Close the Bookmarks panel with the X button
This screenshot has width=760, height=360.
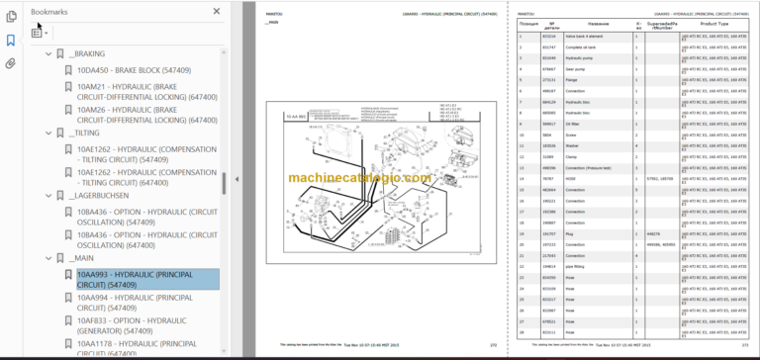pyautogui.click(x=218, y=11)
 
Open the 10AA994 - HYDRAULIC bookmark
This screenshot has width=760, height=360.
pyautogui.click(x=135, y=303)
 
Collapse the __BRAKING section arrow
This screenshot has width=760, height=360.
pyautogui.click(x=48, y=53)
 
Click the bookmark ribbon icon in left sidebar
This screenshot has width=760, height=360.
pyautogui.click(x=11, y=41)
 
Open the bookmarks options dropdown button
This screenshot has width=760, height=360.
pyautogui.click(x=41, y=32)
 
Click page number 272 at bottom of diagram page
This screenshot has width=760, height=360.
pyautogui.click(x=492, y=345)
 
